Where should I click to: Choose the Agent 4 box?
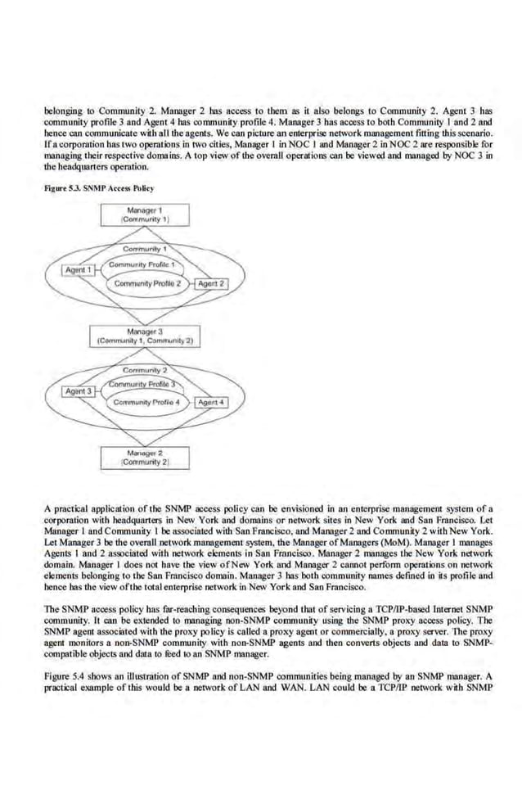pyautogui.click(x=209, y=403)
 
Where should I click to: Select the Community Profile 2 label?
pyautogui.click(x=147, y=283)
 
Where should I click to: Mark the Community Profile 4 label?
pyautogui.click(x=147, y=403)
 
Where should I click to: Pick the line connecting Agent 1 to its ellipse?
pyautogui.click(x=97, y=269)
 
